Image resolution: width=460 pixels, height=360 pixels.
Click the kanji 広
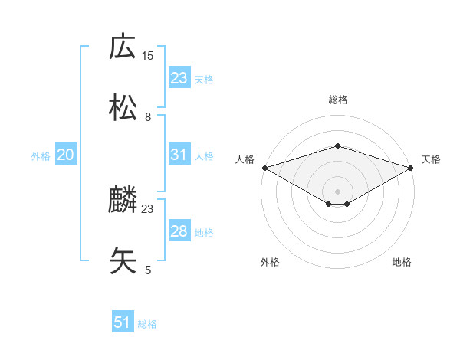(x=123, y=47)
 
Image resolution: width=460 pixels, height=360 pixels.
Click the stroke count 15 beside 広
(x=148, y=55)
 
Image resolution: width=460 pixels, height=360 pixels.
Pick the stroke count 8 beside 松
(x=148, y=116)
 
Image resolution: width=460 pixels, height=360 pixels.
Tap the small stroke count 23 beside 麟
(x=148, y=208)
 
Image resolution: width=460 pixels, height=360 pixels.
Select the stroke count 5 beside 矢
(x=148, y=270)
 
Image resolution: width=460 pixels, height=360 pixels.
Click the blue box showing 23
(x=179, y=78)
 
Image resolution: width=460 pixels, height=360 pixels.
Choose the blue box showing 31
(x=179, y=155)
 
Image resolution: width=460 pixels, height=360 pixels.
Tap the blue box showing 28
(x=179, y=231)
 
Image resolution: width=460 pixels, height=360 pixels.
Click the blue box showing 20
(x=66, y=155)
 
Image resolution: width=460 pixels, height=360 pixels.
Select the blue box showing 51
(x=123, y=323)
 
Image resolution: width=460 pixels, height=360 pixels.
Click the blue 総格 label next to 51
(x=147, y=324)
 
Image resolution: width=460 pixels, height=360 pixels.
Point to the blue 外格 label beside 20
(x=41, y=155)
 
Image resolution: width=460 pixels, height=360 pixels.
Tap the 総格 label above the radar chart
(x=337, y=100)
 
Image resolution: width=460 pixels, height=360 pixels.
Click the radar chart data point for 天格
(x=412, y=168)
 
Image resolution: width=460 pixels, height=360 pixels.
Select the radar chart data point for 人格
(x=264, y=168)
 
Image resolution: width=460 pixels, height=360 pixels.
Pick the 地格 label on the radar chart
(x=402, y=263)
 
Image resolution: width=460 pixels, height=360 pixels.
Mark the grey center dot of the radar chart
(x=337, y=191)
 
